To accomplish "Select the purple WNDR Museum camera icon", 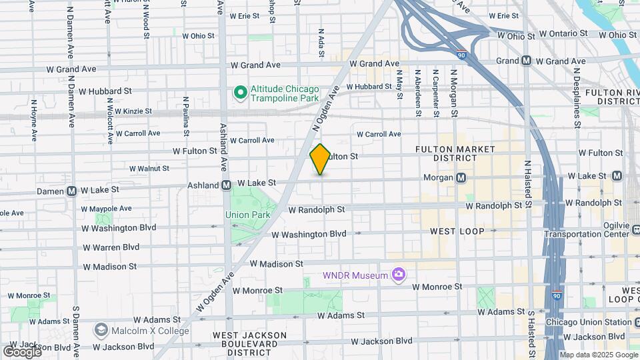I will (399, 275).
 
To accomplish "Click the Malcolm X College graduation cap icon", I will (101, 330).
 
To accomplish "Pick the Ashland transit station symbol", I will (226, 185).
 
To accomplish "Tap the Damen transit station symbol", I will (71, 190).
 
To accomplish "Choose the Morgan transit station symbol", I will (461, 178).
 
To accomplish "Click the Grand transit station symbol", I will (526, 61).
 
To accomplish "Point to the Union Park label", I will (247, 215).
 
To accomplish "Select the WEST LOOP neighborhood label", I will (457, 231).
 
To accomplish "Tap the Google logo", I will (21, 351).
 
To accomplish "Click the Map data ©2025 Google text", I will (599, 354).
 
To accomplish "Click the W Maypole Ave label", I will (107, 209).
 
